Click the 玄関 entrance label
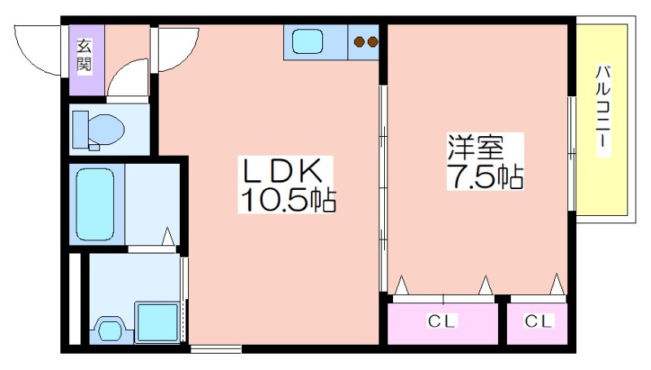(85, 55)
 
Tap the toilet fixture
(98, 130)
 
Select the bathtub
(95, 204)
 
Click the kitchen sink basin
(308, 42)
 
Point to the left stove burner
(359, 42)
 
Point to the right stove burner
(373, 42)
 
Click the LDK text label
(282, 171)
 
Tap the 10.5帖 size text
(287, 200)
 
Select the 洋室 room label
(475, 147)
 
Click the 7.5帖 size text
(485, 177)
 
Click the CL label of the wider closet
(442, 321)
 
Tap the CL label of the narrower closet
(539, 321)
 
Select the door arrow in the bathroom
(168, 236)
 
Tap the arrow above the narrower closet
(557, 284)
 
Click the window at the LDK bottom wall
(216, 349)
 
